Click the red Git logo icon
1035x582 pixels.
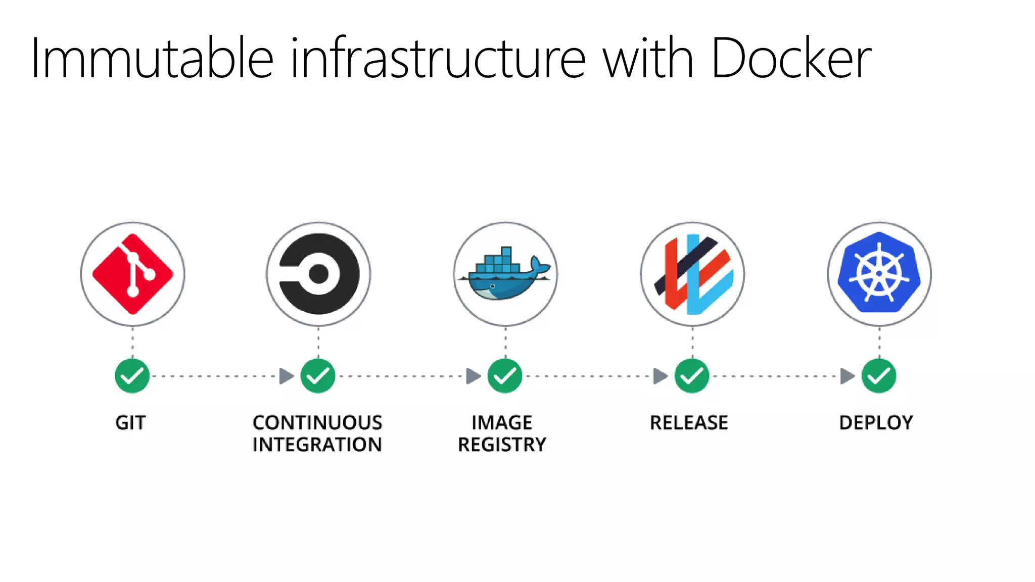click(132, 274)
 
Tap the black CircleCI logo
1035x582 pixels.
click(318, 274)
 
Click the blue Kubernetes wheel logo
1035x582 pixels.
click(879, 273)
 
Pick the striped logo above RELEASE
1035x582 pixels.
click(692, 274)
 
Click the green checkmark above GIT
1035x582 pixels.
click(132, 376)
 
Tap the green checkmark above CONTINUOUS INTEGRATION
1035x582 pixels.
click(318, 376)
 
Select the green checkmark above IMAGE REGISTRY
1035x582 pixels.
click(505, 376)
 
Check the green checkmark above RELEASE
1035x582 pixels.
click(692, 376)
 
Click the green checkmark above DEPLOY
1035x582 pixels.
click(879, 376)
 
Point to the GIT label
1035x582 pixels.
click(130, 423)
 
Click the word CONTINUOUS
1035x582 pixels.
click(317, 423)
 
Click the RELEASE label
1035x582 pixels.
click(689, 423)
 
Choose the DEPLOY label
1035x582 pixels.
click(876, 423)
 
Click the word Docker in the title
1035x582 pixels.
click(791, 58)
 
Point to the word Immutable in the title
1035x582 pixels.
click(152, 58)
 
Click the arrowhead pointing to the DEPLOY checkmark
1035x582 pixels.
click(847, 376)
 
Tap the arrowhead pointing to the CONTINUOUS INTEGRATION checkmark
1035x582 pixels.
click(286, 376)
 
